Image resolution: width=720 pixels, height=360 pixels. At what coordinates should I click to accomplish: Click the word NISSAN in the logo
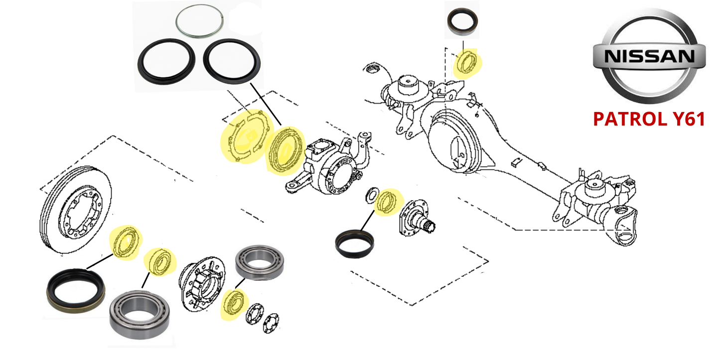[649, 57]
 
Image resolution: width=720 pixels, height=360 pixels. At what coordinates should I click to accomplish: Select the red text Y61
[686, 119]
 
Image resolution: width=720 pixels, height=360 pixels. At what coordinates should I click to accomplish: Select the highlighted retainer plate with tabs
[244, 137]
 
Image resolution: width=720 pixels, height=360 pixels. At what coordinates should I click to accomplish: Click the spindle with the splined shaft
[419, 216]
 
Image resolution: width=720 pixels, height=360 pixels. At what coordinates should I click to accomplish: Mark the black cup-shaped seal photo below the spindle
[355, 243]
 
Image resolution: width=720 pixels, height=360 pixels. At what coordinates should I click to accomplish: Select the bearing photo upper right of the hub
[259, 261]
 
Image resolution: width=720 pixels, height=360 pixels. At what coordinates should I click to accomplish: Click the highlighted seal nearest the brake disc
[126, 242]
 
